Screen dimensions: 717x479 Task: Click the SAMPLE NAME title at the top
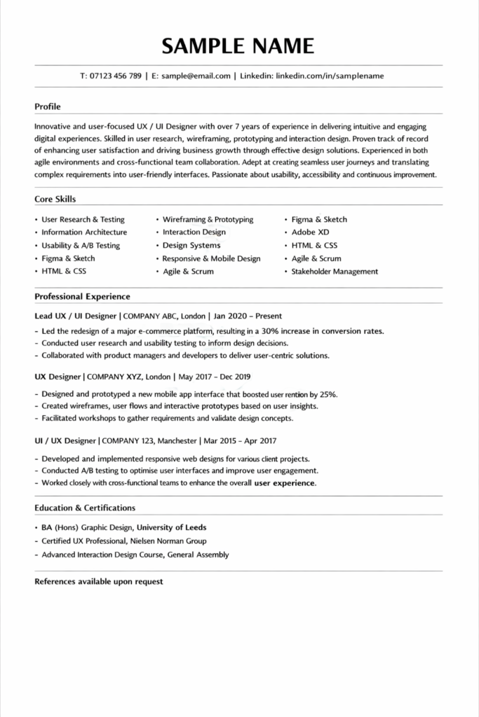click(238, 46)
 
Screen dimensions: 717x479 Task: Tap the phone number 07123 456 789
click(116, 76)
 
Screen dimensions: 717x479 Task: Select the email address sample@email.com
click(196, 76)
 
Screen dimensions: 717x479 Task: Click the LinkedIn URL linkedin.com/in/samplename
click(330, 76)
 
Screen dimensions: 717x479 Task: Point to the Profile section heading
click(48, 107)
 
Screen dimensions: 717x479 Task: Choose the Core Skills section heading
click(55, 200)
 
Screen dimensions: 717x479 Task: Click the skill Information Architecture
click(84, 232)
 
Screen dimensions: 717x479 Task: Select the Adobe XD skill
click(310, 232)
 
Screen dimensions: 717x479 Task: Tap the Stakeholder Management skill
click(335, 272)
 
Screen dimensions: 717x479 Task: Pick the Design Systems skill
click(191, 246)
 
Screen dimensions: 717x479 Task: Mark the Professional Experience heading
click(82, 297)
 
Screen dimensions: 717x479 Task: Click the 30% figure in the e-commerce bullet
click(271, 331)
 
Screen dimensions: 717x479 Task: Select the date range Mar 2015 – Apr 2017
click(241, 441)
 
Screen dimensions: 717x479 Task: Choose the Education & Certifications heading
click(85, 508)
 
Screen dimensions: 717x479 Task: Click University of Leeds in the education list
click(171, 528)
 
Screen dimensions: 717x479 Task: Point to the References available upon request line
click(99, 582)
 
